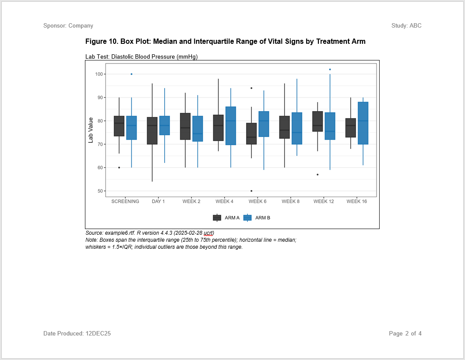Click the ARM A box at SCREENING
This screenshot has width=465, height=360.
pyautogui.click(x=119, y=126)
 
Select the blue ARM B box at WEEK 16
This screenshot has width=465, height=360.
pyautogui.click(x=363, y=123)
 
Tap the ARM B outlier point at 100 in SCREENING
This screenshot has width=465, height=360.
pyautogui.click(x=131, y=74)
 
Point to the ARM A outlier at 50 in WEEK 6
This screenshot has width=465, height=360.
pyautogui.click(x=251, y=191)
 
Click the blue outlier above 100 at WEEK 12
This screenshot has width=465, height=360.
pyautogui.click(x=330, y=69)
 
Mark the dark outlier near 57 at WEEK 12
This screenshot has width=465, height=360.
pyautogui.click(x=317, y=174)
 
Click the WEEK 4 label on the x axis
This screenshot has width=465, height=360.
pyautogui.click(x=224, y=201)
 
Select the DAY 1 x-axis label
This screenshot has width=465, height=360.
pyautogui.click(x=158, y=201)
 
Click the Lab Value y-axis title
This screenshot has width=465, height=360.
pyautogui.click(x=91, y=130)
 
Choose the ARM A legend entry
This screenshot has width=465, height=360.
pyautogui.click(x=226, y=218)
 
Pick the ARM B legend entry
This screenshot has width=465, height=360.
pyautogui.click(x=257, y=218)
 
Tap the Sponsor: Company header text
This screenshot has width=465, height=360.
pyautogui.click(x=68, y=26)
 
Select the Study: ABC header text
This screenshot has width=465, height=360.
pyautogui.click(x=406, y=26)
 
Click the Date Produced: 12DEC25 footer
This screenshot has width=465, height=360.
pyautogui.click(x=77, y=334)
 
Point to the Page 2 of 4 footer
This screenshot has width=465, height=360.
pyautogui.click(x=405, y=334)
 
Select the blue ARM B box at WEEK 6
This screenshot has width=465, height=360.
pyautogui.click(x=264, y=124)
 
